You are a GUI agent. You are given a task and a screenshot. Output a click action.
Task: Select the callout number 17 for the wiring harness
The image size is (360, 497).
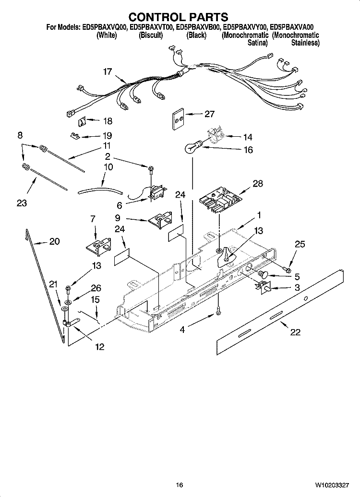pos(107,72)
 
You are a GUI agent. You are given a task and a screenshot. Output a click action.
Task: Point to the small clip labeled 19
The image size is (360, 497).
pos(75,135)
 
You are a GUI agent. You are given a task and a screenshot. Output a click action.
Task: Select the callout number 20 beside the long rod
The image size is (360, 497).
pos(54,241)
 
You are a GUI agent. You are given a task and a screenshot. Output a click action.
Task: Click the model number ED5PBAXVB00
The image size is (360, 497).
pos(198,28)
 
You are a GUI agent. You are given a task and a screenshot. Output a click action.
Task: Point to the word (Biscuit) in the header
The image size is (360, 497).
pos(151,35)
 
